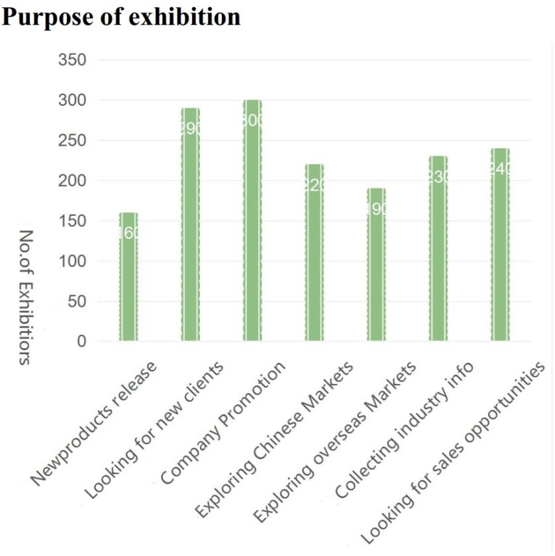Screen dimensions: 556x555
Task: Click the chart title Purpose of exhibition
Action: coord(121,17)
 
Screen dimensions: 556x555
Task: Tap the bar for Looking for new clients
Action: coord(190,225)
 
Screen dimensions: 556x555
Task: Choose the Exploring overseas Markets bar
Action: coord(376,265)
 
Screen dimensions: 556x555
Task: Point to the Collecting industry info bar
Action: coord(438,249)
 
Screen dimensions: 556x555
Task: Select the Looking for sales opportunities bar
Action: coord(500,245)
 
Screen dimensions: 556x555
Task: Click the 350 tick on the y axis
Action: coord(73,60)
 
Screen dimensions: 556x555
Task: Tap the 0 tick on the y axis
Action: coord(81,342)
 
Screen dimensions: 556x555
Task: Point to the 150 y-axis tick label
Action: coord(73,221)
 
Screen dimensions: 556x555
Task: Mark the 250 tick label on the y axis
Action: coord(73,141)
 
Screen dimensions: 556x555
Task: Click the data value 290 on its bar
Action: coord(190,129)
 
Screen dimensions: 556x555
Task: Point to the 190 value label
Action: coord(376,210)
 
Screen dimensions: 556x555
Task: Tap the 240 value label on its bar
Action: coord(500,169)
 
